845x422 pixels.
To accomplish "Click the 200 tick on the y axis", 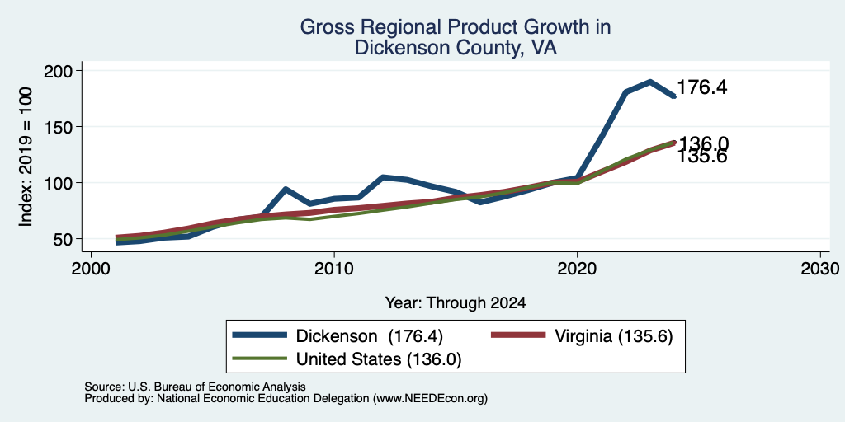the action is click(x=64, y=71).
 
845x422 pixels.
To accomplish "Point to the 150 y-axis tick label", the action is click(x=64, y=127).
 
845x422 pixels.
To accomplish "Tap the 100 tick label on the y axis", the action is click(x=64, y=183).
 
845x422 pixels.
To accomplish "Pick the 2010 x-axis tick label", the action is click(x=334, y=268).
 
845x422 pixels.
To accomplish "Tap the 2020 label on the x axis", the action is click(x=577, y=268).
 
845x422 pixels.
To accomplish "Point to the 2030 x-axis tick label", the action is click(x=819, y=268).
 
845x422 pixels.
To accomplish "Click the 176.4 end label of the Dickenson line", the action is click(x=701, y=87).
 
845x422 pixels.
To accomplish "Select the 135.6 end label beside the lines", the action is click(x=702, y=157).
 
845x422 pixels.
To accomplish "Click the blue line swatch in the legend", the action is click(x=260, y=335).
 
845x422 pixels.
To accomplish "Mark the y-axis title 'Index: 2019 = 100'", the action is click(x=26, y=157).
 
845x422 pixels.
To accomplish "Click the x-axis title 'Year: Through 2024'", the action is click(x=456, y=303).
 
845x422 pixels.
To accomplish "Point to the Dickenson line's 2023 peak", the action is click(x=650, y=82).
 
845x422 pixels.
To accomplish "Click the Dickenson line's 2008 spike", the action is click(x=285, y=189).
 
